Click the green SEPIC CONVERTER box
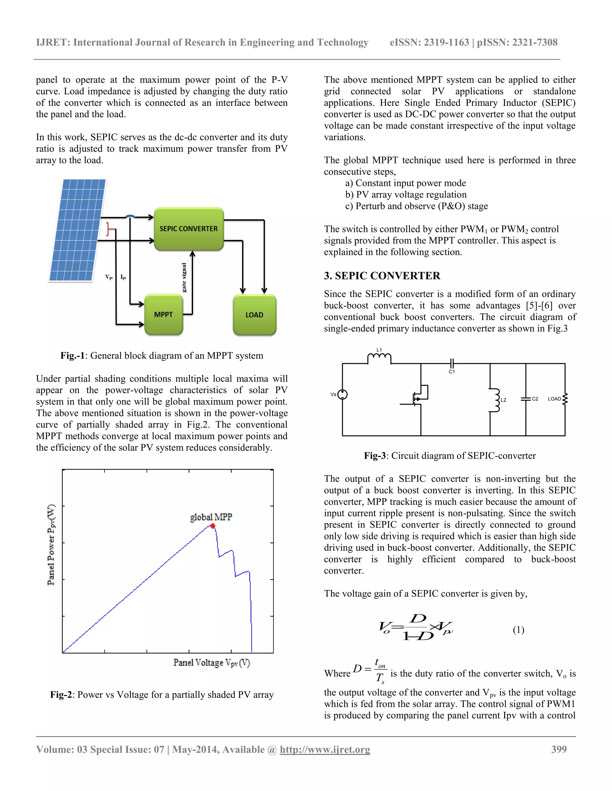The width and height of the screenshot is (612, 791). (x=189, y=229)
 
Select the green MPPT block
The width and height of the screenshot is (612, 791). (x=163, y=314)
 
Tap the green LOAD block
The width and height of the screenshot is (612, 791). (x=255, y=315)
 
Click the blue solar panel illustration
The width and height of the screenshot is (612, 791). (x=77, y=230)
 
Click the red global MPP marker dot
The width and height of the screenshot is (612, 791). (x=213, y=526)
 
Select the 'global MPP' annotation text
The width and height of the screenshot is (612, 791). (x=211, y=517)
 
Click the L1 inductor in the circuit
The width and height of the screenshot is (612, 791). (x=379, y=358)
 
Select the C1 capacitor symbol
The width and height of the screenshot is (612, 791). (x=452, y=363)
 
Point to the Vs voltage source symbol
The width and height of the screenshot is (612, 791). (x=342, y=394)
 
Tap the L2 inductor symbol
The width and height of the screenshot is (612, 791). (x=494, y=400)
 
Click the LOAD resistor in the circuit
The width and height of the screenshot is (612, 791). (x=564, y=398)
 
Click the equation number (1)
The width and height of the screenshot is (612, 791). (x=518, y=630)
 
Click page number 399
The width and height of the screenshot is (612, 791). (x=559, y=749)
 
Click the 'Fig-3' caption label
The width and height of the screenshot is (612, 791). (x=374, y=455)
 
